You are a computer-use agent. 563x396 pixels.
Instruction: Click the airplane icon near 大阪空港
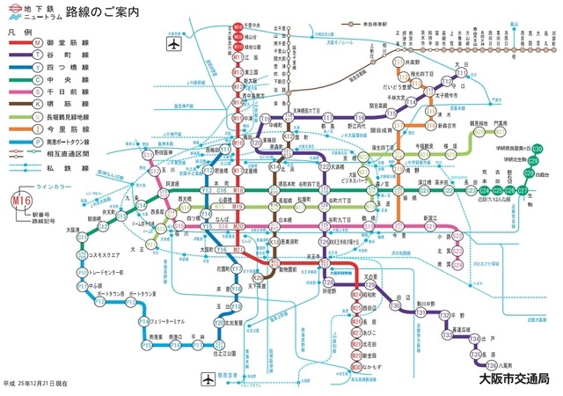pyautogui.click(x=172, y=41)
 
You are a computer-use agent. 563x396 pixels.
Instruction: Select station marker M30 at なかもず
pyautogui.click(x=356, y=365)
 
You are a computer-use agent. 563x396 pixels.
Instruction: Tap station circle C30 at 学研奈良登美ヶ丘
pyautogui.click(x=537, y=148)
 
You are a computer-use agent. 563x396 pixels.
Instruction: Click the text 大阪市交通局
pyautogui.click(x=514, y=379)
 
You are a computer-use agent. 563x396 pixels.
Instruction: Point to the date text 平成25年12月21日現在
pyautogui.click(x=34, y=385)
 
